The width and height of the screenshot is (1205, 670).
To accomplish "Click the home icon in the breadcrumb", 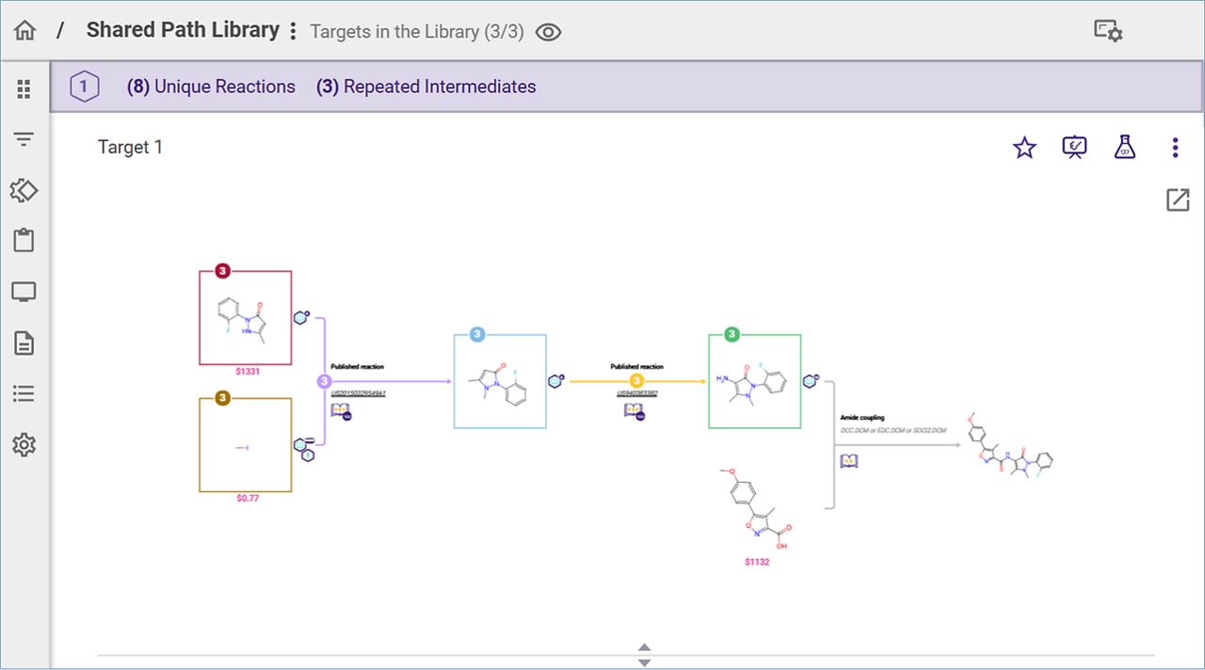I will pos(24,30).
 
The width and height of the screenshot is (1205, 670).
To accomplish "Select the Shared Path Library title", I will pos(183,30).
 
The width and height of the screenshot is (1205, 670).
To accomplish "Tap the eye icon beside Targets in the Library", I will pos(548,32).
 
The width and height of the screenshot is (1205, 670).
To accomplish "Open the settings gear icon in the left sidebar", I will pos(24,445).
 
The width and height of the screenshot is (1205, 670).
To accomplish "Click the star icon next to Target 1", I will pos(1024,148).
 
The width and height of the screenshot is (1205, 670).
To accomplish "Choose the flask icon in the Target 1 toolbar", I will pos(1124,147).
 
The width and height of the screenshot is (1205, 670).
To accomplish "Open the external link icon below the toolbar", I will pos(1178,199).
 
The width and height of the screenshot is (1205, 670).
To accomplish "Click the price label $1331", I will pos(248,372).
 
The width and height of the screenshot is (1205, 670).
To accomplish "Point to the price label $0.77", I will pos(248,499).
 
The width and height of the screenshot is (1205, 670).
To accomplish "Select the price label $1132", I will pos(758,562).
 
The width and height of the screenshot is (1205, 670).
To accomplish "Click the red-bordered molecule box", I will pos(245,318).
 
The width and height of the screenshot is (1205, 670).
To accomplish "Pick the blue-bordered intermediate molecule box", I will pos(500,381).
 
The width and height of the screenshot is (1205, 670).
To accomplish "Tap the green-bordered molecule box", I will pos(754,381).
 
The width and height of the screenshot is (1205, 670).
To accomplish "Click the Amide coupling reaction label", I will pos(862,418).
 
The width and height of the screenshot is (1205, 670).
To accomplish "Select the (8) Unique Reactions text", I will pos(211,87).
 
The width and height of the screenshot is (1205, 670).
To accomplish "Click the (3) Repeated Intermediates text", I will pos(426,87).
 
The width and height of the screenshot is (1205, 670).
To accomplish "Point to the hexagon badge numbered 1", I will pos(84,87).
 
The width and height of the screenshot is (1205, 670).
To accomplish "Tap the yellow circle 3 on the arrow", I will pos(636,381).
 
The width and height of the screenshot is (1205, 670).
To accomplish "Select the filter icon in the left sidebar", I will pos(24,139).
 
